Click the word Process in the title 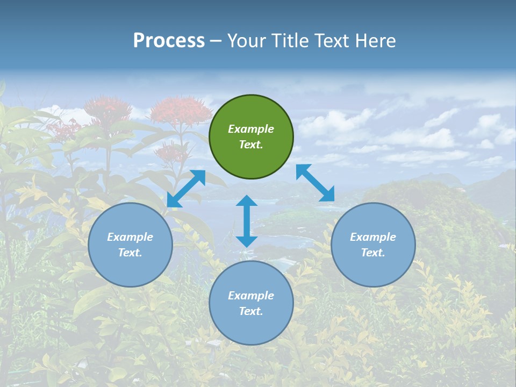click(x=169, y=41)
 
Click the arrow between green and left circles click(x=186, y=189)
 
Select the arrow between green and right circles click(x=315, y=183)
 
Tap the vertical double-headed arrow click(x=247, y=221)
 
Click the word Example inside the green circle click(x=251, y=129)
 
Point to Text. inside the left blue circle click(x=130, y=253)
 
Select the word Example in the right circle click(x=373, y=237)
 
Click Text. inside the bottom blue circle click(x=251, y=311)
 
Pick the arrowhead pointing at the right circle click(x=327, y=195)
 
